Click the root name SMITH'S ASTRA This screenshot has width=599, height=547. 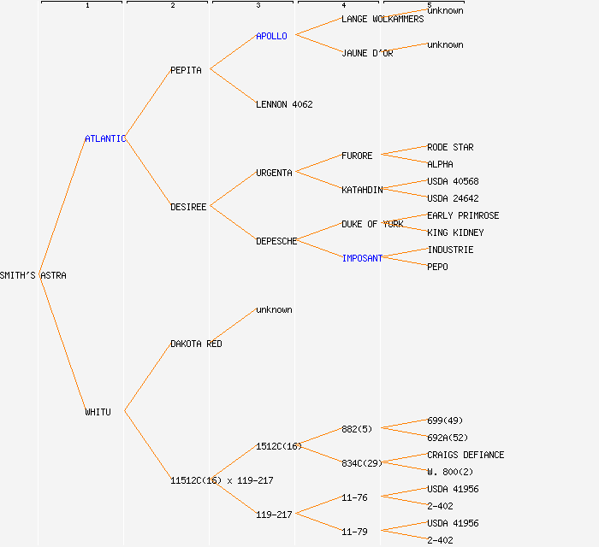pos(33,275)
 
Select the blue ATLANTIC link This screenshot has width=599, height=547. pos(105,138)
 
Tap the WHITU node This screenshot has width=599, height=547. pos(98,412)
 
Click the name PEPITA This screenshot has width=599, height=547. pos(186,70)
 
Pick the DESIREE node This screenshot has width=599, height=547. pos(188,207)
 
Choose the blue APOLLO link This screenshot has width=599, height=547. pos(271,36)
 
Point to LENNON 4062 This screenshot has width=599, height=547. pos(284,104)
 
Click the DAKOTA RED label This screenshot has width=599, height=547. pos(196,344)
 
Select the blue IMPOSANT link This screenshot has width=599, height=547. pos(362,258)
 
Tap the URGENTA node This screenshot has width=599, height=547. pos(274,173)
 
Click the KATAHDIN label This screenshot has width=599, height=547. pos(362,190)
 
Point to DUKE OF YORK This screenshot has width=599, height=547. pos(372,224)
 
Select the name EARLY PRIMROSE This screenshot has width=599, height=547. pos(463,215)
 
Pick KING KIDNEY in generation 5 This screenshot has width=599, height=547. pos(455,232)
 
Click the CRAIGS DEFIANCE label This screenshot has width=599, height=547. pos(466,455)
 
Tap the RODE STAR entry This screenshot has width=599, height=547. pos(450,147)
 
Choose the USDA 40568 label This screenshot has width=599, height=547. pos(453,181)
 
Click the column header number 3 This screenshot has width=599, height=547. pos(258,6)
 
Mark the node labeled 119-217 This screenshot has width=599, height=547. pos(274,515)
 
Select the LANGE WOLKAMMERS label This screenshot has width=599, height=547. pos(383,19)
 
